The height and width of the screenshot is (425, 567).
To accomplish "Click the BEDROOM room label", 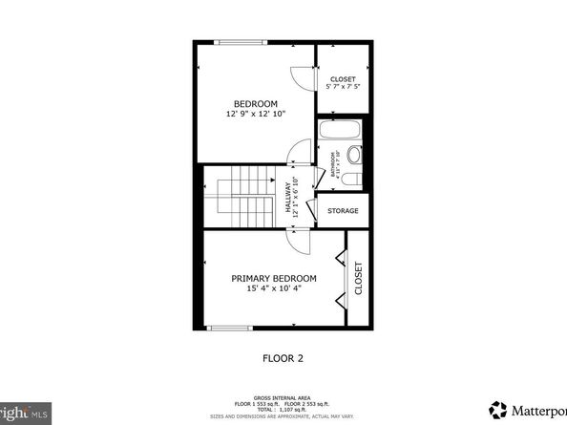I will (256, 103).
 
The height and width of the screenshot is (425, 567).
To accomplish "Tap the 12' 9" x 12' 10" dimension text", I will (256, 115).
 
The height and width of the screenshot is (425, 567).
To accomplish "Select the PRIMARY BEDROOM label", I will (274, 278).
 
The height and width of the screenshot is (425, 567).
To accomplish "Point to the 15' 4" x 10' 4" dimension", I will (274, 289).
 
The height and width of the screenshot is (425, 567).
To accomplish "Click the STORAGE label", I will (343, 210).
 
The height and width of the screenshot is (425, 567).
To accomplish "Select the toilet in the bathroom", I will (353, 154).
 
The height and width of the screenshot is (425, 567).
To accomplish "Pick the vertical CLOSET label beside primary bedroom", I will (359, 279).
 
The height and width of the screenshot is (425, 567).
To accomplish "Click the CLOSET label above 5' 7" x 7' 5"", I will (343, 78).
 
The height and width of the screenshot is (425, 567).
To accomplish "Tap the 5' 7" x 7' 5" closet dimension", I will (343, 87).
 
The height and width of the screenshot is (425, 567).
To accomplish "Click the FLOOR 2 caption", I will (283, 359).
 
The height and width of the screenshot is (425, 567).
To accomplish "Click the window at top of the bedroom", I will (241, 42).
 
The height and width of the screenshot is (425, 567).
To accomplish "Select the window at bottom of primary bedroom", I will (230, 329).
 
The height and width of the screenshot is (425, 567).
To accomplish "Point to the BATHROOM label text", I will (334, 165).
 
